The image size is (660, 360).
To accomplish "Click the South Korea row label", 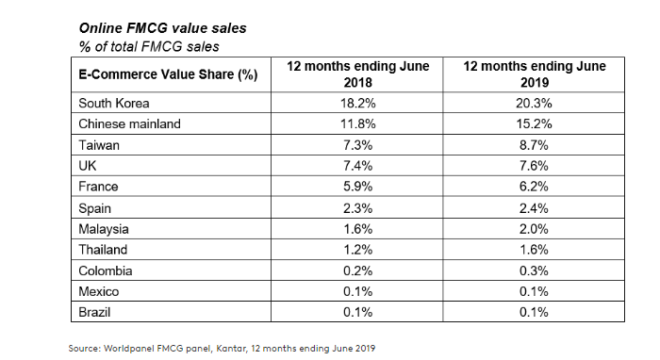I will [x=114, y=103].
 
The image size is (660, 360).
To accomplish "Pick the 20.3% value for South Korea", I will [x=535, y=103].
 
